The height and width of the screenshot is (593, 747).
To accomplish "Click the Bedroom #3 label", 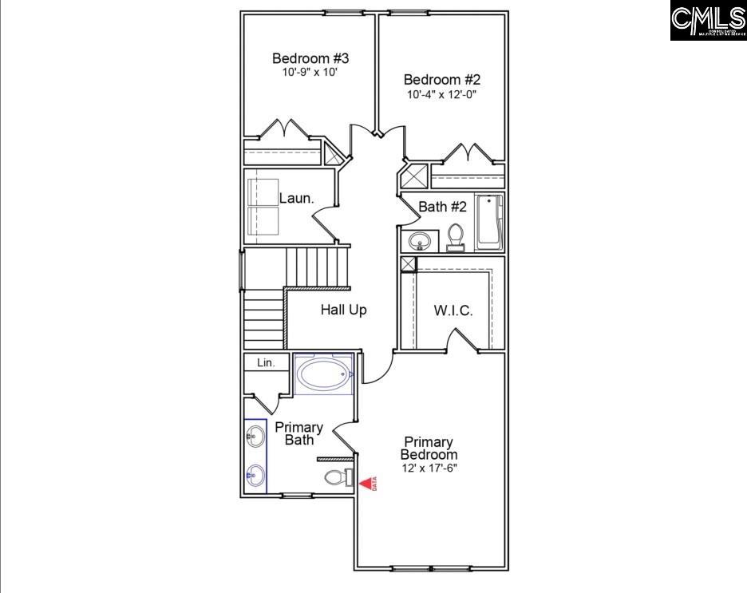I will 310,58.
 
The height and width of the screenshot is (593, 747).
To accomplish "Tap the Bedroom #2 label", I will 442,80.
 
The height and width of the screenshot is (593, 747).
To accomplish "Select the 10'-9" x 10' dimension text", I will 310,72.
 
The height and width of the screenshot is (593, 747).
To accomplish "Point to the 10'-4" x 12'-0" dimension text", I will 442,94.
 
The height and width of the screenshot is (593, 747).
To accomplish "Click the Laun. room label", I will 296,198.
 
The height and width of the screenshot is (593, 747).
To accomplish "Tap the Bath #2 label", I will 442,207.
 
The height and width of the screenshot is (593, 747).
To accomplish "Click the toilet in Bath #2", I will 456,237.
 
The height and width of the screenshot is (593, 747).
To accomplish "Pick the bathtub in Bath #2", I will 488,222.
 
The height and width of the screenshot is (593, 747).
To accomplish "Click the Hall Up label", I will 344,310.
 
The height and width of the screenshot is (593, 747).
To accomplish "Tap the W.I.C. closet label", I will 453,310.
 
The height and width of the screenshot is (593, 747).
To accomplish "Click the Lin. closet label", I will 266,362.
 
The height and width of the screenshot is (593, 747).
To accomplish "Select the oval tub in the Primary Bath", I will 323,373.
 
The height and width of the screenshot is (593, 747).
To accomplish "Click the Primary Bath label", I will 299,433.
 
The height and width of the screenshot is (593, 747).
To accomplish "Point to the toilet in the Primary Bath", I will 337,478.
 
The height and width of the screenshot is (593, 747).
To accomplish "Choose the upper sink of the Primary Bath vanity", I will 255,436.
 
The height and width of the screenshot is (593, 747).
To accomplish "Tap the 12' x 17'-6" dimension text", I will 429,468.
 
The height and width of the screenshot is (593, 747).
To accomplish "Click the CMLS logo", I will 707,21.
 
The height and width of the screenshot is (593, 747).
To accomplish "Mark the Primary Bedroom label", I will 429,448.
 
